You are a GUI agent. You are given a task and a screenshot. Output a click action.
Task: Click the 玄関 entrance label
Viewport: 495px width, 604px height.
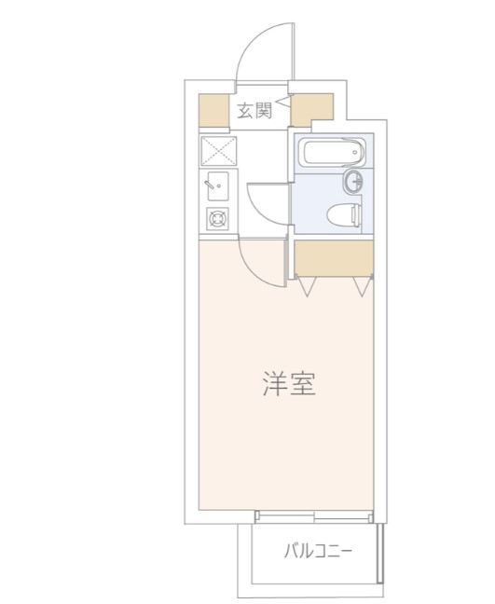tap(253, 111)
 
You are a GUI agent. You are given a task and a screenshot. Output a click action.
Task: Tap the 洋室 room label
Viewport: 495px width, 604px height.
tap(288, 384)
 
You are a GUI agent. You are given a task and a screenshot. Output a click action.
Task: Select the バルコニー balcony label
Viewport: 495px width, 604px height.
tap(318, 551)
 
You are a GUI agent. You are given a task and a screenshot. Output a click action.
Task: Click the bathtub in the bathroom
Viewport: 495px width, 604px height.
tap(327, 151)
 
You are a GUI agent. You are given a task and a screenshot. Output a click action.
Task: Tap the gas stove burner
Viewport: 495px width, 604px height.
tap(218, 219)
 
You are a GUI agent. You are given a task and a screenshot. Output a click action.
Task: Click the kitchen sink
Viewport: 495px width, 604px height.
tap(218, 186)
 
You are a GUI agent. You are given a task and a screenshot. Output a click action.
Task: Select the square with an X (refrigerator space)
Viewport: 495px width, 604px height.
tap(218, 150)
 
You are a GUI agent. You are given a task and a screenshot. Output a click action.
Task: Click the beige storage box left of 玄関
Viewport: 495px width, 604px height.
tap(213, 111)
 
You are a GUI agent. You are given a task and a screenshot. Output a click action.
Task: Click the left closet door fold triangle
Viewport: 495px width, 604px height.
tap(308, 284)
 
